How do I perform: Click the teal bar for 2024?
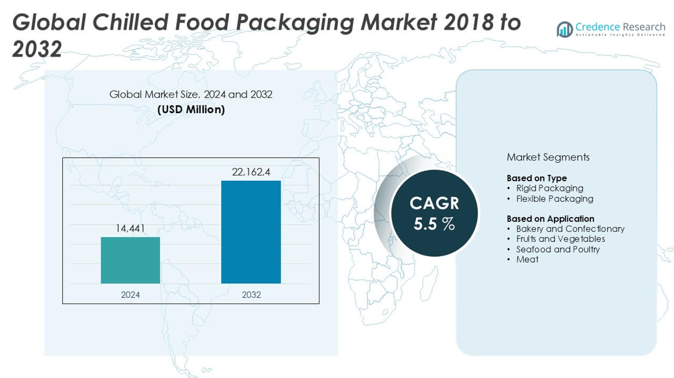pyautogui.click(x=131, y=260)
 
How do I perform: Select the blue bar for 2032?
pyautogui.click(x=251, y=232)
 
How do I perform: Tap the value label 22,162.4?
pyautogui.click(x=251, y=172)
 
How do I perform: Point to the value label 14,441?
pyautogui.click(x=131, y=229)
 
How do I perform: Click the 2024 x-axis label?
pyautogui.click(x=131, y=295)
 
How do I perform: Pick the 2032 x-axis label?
pyautogui.click(x=251, y=295)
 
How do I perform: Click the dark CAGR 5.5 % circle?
pyautogui.click(x=434, y=212)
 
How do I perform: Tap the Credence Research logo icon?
pyautogui.click(x=564, y=29)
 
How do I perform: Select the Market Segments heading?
pyautogui.click(x=548, y=157)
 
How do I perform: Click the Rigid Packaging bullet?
pyautogui.click(x=549, y=188)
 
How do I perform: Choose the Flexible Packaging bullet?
pyautogui.click(x=554, y=199)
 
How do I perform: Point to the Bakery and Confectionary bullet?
pyautogui.click(x=570, y=229)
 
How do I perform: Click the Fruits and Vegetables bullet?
pyautogui.click(x=560, y=239)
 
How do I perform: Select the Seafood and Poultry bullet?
pyautogui.click(x=558, y=249)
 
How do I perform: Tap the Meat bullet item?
pyautogui.click(x=527, y=260)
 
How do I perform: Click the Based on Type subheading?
pyautogui.click(x=537, y=178)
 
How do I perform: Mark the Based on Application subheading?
pyautogui.click(x=550, y=219)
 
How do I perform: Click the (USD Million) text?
pyautogui.click(x=191, y=109)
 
